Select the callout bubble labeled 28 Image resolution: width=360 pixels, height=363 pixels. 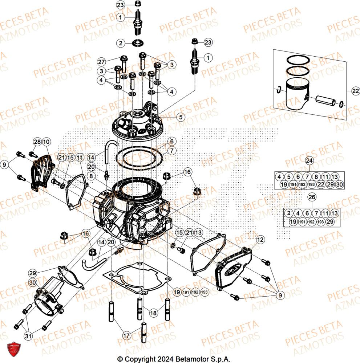click(x=38, y=142)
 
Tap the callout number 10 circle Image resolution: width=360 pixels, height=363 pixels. click(x=46, y=142)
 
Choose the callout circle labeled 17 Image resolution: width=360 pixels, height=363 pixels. click(x=126, y=336)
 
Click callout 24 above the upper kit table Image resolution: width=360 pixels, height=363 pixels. click(x=309, y=160)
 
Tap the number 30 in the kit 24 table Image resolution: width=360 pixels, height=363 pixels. click(x=339, y=185)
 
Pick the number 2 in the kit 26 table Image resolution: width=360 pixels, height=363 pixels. click(x=288, y=213)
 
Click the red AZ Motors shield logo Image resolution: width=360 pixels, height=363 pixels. click(x=12, y=349)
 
